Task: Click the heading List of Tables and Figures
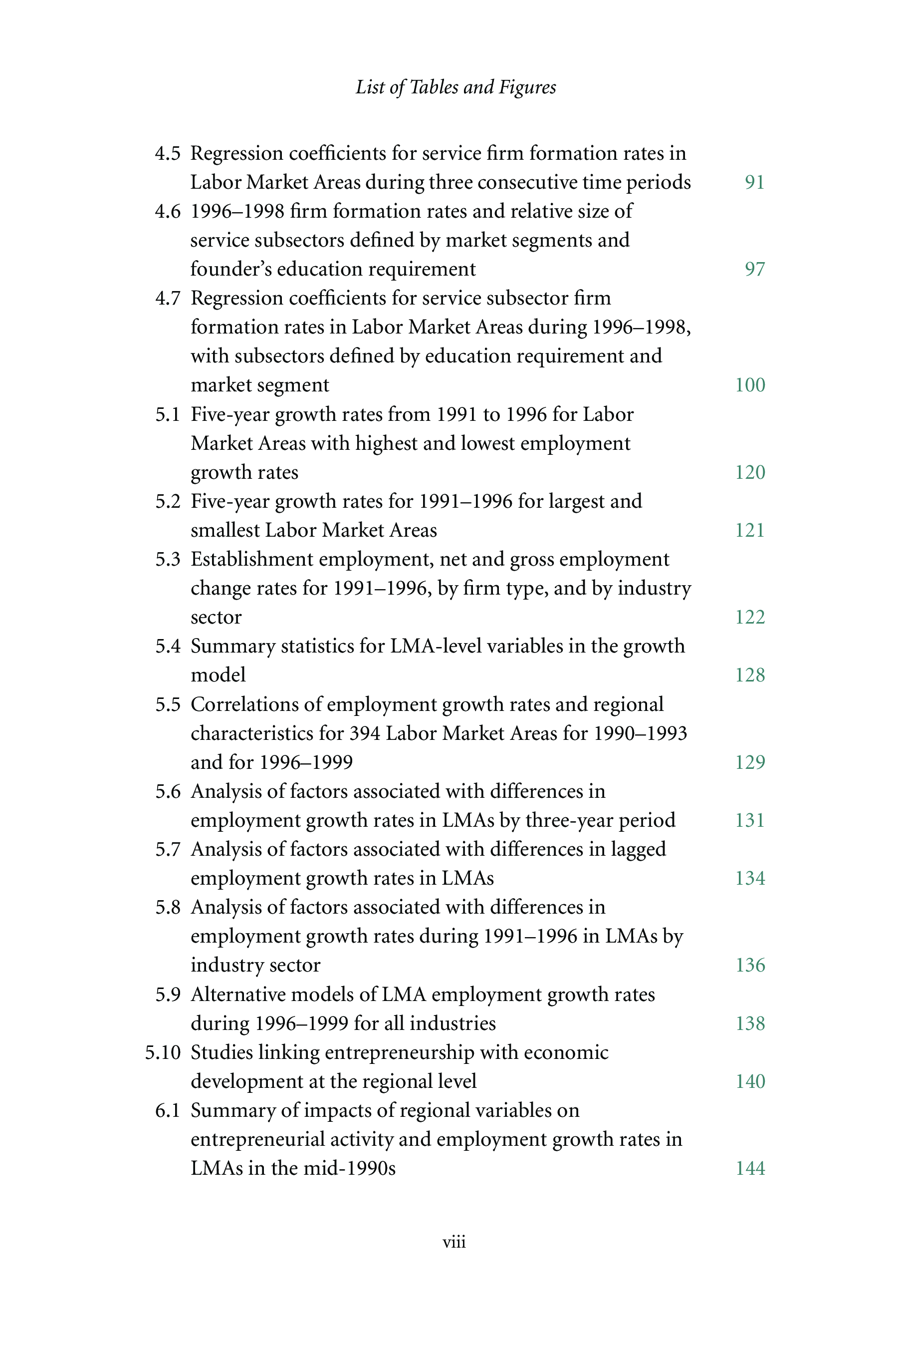455,87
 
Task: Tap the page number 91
754,182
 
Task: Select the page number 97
754,269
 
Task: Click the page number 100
750,384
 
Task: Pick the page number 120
750,472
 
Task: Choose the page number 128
750,674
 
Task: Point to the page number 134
750,878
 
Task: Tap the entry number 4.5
167,154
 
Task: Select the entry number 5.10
163,1052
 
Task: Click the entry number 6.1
167,1110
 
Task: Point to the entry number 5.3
167,559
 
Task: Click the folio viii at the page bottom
454,1242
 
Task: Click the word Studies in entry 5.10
222,1052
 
